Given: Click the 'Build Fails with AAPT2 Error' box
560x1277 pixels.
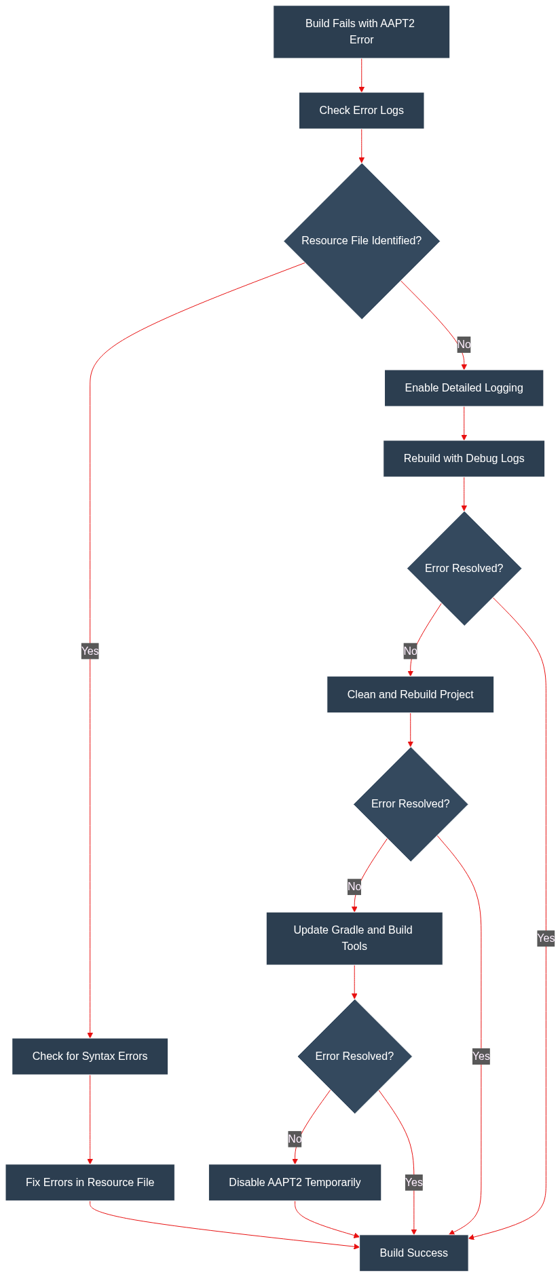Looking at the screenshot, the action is pos(361,32).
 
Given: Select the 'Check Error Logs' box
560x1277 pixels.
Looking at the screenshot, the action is pos(361,111).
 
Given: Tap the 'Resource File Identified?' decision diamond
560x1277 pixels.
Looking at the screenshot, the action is pos(362,241).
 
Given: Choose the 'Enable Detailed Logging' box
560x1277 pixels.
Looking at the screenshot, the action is pos(464,388).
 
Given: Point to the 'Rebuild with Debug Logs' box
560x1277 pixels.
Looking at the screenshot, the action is pos(464,459).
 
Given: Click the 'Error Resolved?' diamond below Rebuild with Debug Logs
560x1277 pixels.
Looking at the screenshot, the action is pos(464,569).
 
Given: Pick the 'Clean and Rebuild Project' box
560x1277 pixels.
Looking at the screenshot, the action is pos(410,695).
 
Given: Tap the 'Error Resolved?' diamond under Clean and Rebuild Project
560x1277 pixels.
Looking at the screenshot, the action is pos(411,804).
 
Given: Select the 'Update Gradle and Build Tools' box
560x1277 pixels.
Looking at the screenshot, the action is pos(354,938).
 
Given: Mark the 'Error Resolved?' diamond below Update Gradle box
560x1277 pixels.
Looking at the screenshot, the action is pos(354,1056).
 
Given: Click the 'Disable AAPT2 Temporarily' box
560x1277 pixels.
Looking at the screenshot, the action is pos(295,1183).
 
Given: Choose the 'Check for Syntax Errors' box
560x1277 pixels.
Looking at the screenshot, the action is pos(90,1056).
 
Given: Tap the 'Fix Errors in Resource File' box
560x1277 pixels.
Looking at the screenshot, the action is pos(90,1183).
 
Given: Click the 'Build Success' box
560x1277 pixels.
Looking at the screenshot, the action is pos(413,1253).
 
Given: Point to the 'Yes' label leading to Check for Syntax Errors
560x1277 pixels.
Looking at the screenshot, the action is pos(90,651).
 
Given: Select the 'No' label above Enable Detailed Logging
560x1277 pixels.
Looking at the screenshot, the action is pos(464,345).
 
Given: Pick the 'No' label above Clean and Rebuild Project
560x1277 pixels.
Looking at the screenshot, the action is pos(410,651).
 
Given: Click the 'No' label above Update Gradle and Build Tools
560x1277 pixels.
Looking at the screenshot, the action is pos(354,887).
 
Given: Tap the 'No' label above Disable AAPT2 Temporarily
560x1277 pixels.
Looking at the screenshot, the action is pos(295,1139).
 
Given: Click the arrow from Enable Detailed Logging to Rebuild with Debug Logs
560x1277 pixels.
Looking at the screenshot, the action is pos(464,423).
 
